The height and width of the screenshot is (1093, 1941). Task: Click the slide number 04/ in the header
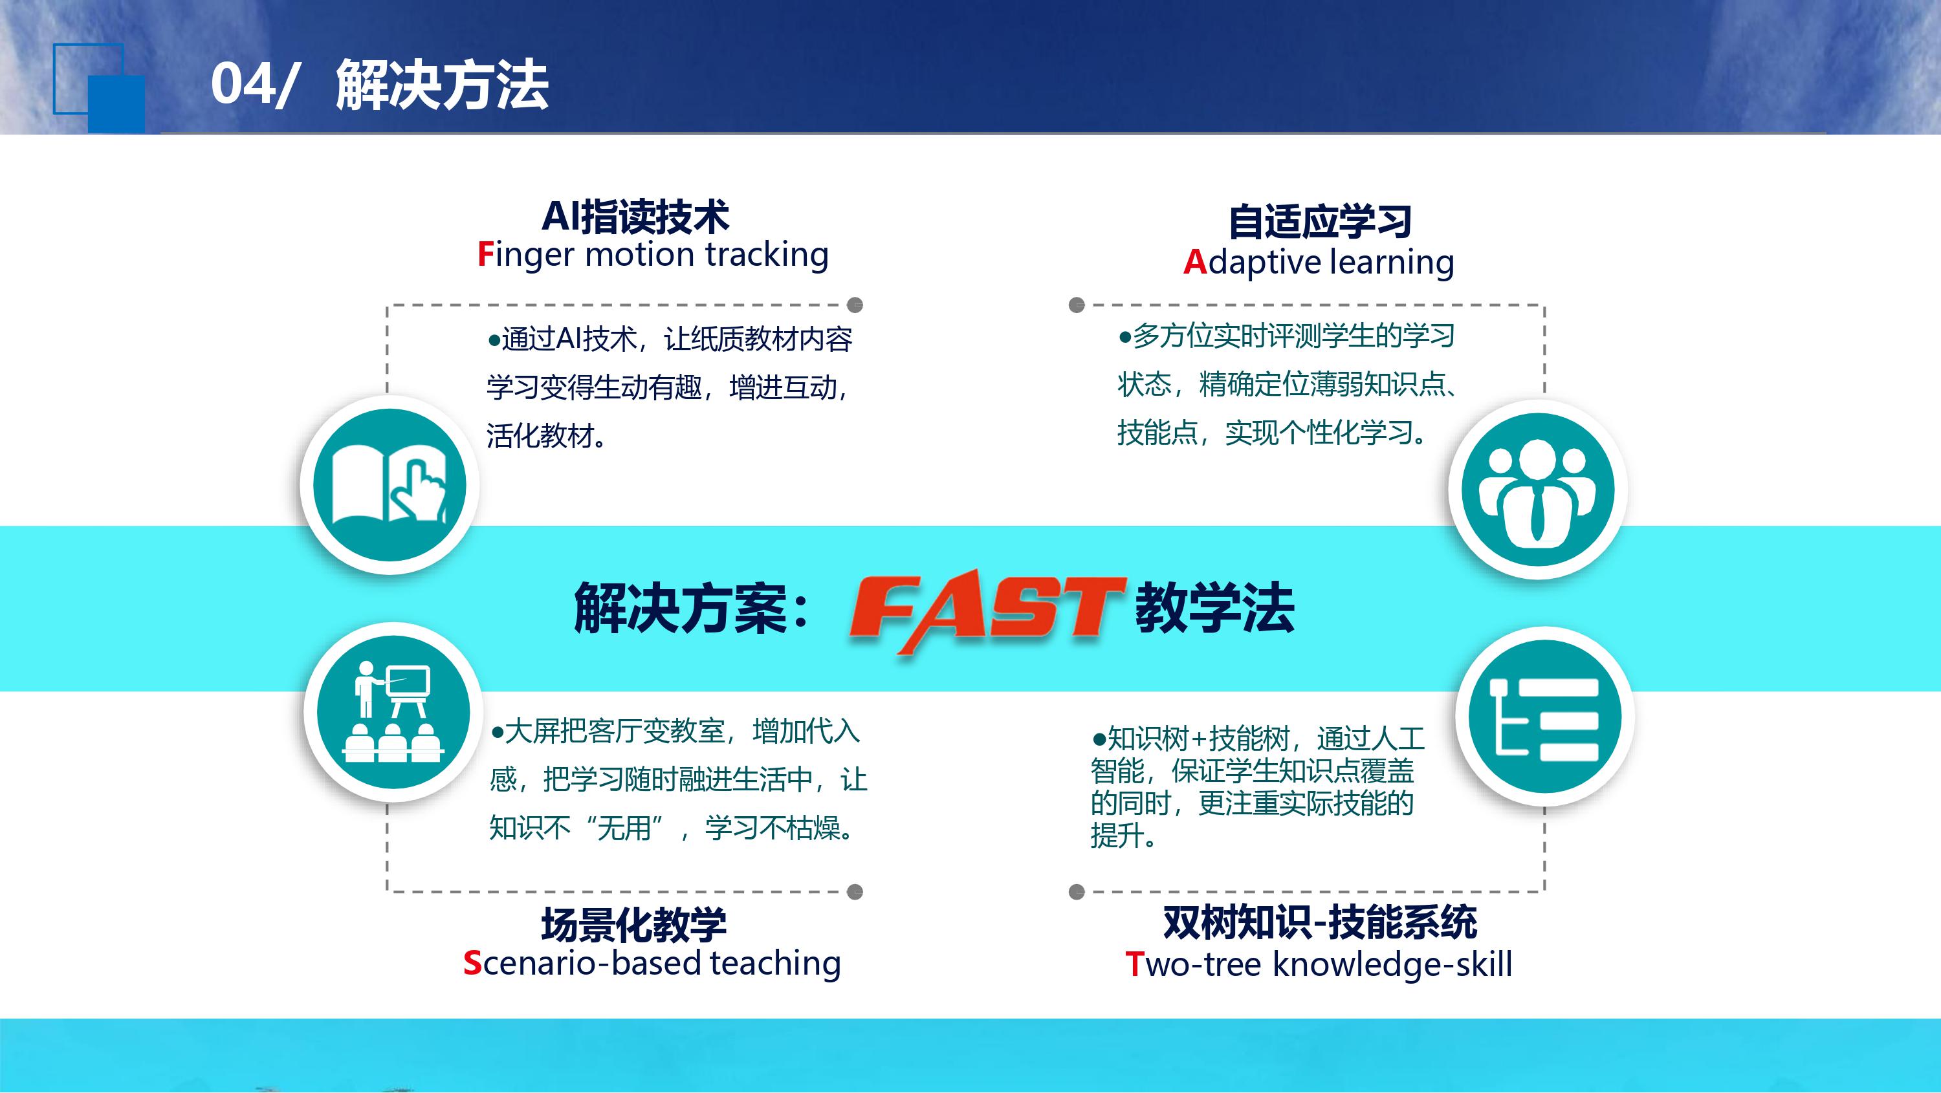252,83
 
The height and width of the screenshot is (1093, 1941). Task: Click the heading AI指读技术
635,216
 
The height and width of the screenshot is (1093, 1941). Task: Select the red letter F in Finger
485,255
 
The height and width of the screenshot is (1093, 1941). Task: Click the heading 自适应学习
1320,221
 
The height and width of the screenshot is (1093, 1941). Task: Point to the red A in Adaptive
1195,262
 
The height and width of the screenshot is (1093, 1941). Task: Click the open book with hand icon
389,485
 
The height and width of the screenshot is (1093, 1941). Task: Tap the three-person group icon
1538,490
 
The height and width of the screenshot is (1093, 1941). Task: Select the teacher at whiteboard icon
393,712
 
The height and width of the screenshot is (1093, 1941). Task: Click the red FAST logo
987,610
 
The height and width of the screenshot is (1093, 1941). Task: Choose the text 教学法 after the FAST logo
1214,607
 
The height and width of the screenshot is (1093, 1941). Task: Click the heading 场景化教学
633,924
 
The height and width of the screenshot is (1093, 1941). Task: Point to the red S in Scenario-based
472,964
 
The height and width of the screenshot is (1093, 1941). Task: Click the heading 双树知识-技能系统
1320,923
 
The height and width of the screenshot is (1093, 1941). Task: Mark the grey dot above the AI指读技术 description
855,305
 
